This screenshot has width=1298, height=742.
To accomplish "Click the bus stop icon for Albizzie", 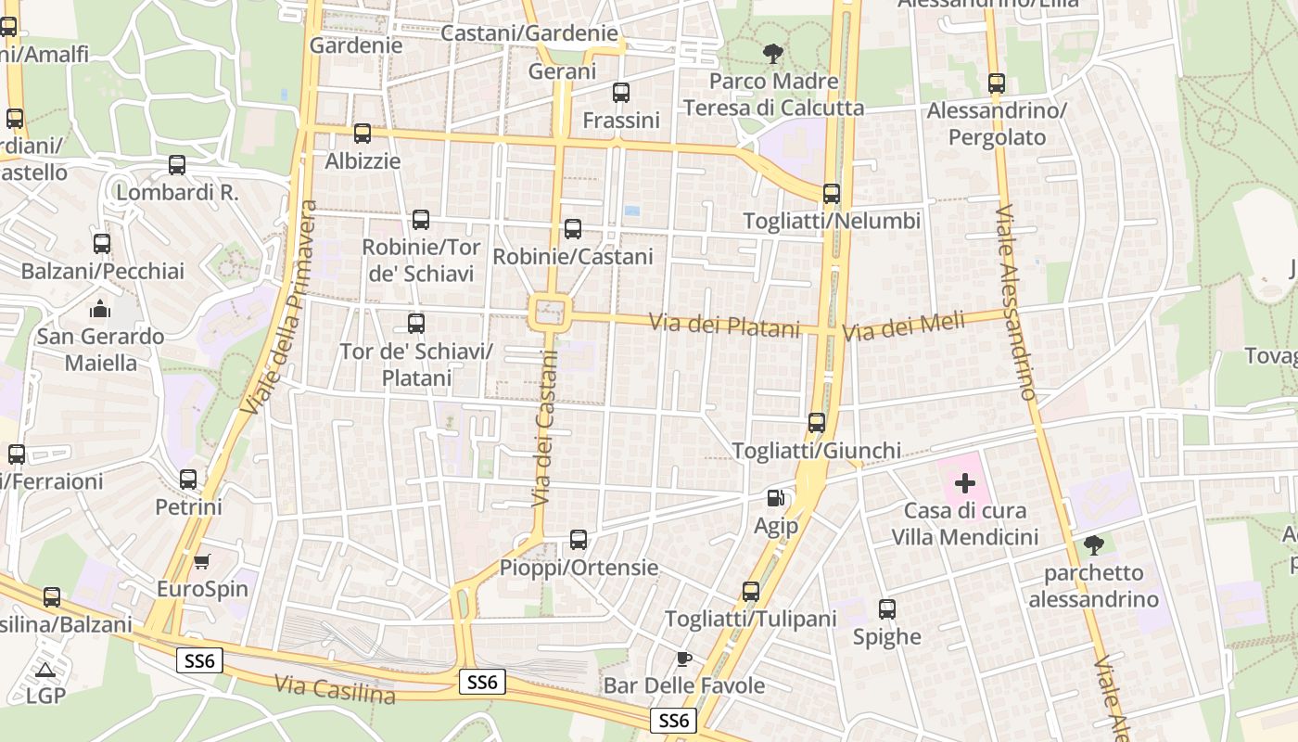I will pos(363,134).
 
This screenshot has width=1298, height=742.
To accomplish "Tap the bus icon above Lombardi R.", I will pos(177,165).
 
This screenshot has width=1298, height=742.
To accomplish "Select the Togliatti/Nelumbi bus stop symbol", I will pos(832,194).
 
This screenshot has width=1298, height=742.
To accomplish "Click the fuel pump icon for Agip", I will pos(776,498).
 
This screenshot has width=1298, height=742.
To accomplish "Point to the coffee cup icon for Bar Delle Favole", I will pos(683,659).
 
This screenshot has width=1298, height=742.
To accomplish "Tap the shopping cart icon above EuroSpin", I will pos(202,561).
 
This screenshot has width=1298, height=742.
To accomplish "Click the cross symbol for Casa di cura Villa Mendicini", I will pos(965,482).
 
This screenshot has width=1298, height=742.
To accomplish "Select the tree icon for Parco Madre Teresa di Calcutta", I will pos(770,54).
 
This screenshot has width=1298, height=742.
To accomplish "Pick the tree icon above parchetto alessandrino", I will pos(1094,544).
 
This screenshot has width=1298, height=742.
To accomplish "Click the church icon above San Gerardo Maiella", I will pos(100,309).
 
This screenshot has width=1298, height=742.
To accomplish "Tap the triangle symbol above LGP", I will pos(45,669).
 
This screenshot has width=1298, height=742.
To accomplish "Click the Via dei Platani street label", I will pos(724,326).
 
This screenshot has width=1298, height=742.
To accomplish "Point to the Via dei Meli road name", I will pos(903,326).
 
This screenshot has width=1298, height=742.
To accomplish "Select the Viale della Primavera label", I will pos(279,307).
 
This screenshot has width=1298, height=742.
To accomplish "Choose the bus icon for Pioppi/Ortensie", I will pos(579,540).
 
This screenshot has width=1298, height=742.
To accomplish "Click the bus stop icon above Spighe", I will pos(887,609).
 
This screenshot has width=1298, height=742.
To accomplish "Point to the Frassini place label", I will pos(621,120).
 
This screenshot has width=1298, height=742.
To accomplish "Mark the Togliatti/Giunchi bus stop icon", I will pos(817,423).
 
